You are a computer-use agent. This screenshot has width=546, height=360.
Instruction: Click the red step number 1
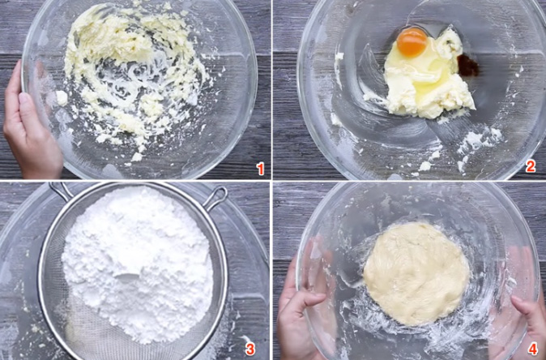(x=260, y=169)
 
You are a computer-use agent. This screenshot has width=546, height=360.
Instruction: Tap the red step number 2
(x=531, y=166)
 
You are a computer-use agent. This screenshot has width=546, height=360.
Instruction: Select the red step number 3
(x=250, y=349)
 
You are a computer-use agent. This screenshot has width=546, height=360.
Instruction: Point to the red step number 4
(x=532, y=349)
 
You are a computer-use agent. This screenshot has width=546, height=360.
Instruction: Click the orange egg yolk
(x=412, y=42)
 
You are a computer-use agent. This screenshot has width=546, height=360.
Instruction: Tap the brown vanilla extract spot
(x=468, y=66)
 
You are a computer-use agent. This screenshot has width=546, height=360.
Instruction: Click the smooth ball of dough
(x=416, y=273)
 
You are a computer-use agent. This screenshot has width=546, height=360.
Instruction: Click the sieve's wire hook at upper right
(x=215, y=199)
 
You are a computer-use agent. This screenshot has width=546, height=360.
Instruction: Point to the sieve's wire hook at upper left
(x=61, y=191)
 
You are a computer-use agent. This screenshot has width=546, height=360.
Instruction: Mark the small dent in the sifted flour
(x=128, y=277)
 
